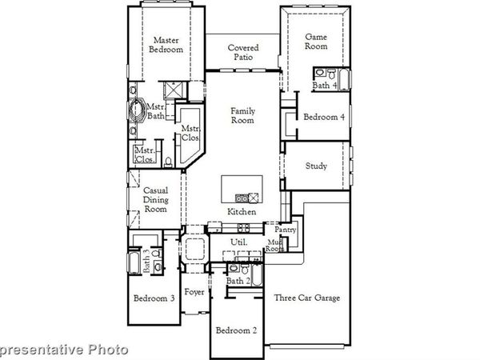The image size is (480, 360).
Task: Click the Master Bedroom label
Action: [166, 45]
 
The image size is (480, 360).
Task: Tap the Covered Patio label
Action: [242, 53]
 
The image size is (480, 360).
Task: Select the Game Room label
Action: [318, 42]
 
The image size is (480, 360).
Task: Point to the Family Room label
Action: [242, 115]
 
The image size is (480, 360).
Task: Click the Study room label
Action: [317, 166]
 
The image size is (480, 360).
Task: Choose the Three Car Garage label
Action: [307, 298]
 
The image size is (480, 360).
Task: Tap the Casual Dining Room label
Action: [155, 199]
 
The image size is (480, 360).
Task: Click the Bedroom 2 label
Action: [237, 330]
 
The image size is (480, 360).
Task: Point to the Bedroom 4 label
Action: [324, 117]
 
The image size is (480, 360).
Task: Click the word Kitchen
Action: [242, 212]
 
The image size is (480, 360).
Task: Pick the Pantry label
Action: [286, 230]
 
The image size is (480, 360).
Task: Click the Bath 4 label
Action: [325, 86]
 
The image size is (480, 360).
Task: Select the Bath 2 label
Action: [238, 281]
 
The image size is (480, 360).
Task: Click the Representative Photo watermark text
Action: [64, 349]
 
